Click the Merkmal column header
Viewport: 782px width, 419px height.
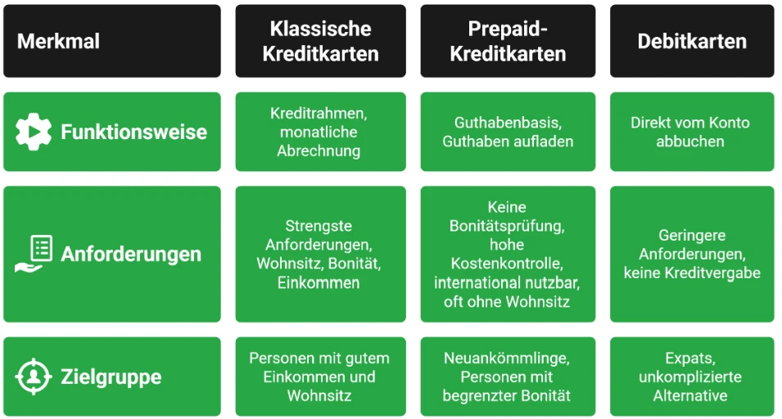pyautogui.click(x=111, y=41)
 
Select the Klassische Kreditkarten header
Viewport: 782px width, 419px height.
pyautogui.click(x=321, y=41)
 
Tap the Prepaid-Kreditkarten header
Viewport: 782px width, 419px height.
pyautogui.click(x=508, y=41)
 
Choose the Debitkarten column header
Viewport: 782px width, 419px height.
pyautogui.click(x=692, y=41)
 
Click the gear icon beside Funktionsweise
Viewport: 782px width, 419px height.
pyautogui.click(x=34, y=132)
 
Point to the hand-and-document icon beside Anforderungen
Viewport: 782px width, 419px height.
pyautogui.click(x=34, y=254)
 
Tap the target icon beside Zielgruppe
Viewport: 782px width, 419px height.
pyautogui.click(x=34, y=376)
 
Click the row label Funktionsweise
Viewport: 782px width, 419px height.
pyautogui.click(x=133, y=132)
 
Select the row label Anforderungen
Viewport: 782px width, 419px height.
pyautogui.click(x=131, y=254)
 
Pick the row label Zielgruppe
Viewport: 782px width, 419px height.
pyautogui.click(x=111, y=376)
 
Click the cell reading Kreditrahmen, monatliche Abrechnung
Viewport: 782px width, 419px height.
pyautogui.click(x=321, y=132)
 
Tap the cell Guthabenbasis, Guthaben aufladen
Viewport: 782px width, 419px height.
pyautogui.click(x=508, y=132)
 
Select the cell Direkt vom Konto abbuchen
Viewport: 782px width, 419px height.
pyautogui.click(x=692, y=132)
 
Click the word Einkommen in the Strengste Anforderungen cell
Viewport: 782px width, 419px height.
pyautogui.click(x=319, y=282)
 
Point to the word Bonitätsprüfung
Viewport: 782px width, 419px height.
pyautogui.click(x=507, y=226)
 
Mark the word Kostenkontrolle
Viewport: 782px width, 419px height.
pyautogui.click(x=507, y=263)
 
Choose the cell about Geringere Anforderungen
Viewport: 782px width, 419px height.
pyautogui.click(x=692, y=254)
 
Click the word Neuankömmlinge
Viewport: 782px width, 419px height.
pyautogui.click(x=507, y=358)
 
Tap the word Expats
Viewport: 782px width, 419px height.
pyautogui.click(x=690, y=358)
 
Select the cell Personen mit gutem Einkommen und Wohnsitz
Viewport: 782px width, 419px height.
pyautogui.click(x=321, y=376)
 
